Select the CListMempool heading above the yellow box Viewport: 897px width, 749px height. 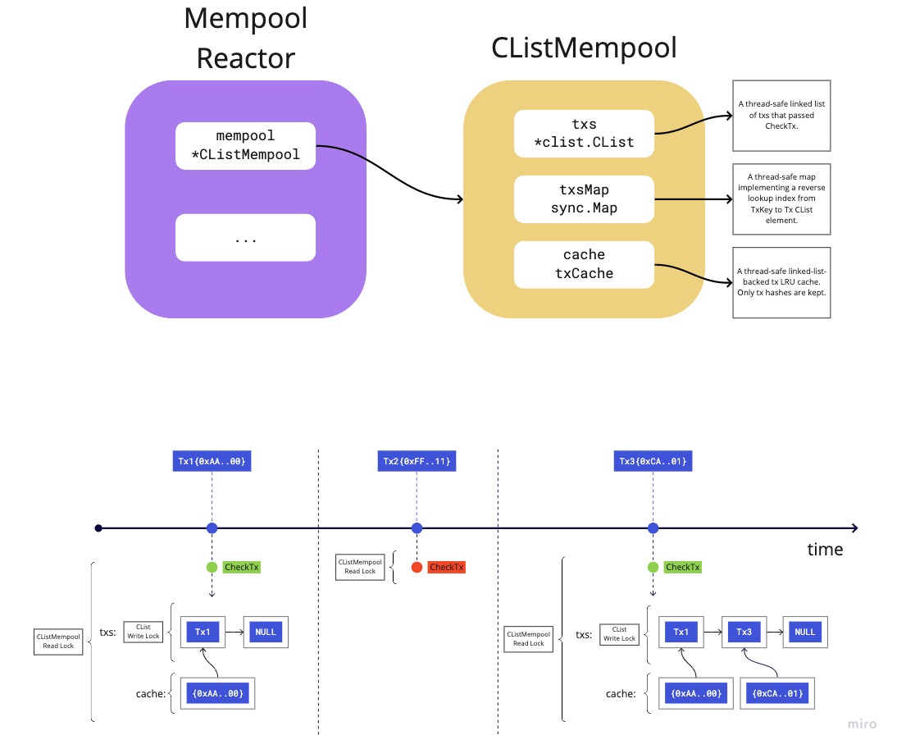(584, 48)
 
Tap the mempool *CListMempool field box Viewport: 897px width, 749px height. (246, 145)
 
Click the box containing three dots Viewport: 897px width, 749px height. (246, 238)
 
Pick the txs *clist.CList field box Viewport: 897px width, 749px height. (584, 134)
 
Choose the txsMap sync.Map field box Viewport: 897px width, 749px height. (584, 199)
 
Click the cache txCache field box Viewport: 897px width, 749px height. (584, 264)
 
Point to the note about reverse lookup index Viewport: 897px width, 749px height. (781, 199)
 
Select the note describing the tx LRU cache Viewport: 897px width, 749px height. (781, 282)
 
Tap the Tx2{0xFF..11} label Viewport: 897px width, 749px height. (417, 462)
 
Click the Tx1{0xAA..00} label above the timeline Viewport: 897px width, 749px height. (212, 462)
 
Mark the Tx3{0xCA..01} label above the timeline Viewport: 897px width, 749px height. (653, 462)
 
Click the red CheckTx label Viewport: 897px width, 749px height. (447, 567)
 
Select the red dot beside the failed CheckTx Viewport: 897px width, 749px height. (417, 567)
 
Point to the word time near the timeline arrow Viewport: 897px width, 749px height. (824, 550)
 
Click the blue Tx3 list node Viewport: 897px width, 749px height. (744, 632)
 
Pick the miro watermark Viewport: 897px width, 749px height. (861, 724)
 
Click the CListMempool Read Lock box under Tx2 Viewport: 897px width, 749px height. (359, 567)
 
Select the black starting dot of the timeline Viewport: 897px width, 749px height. (98, 527)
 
